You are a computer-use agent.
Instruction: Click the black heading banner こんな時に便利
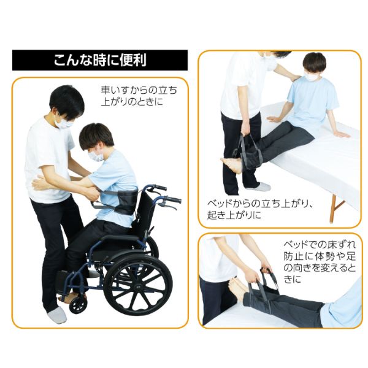point(100,61)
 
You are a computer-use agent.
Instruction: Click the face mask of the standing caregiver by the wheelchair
point(63,123)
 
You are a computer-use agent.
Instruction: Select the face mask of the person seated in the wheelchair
point(95,156)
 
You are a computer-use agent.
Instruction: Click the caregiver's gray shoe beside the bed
point(258,187)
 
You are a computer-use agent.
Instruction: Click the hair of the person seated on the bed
point(315,62)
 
